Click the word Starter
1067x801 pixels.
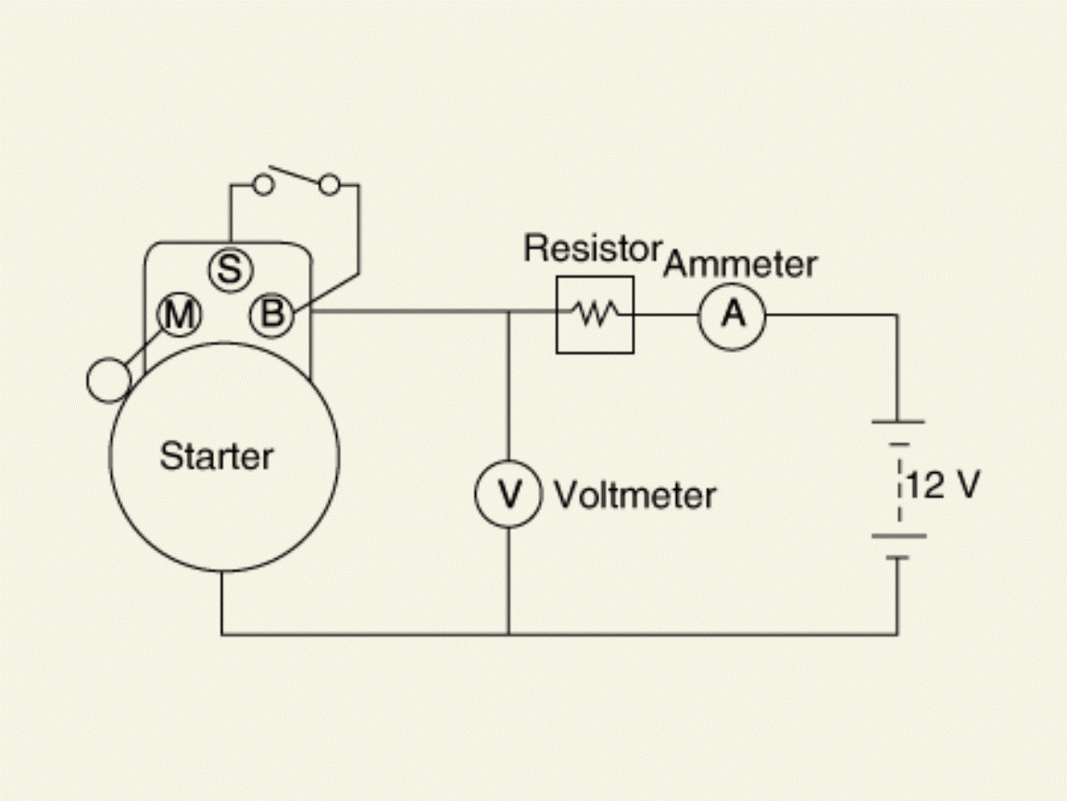(x=217, y=456)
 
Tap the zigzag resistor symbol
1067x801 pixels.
(x=596, y=314)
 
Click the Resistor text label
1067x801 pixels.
(x=593, y=248)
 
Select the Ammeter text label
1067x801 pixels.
(x=740, y=264)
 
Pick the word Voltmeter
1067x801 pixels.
(x=634, y=495)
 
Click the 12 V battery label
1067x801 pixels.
(x=944, y=485)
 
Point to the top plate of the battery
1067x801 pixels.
(x=898, y=422)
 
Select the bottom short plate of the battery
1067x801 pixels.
(x=898, y=557)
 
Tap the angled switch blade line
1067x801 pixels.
(x=294, y=174)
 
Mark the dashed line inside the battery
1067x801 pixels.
(x=899, y=491)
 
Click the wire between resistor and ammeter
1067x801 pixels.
(x=666, y=315)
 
